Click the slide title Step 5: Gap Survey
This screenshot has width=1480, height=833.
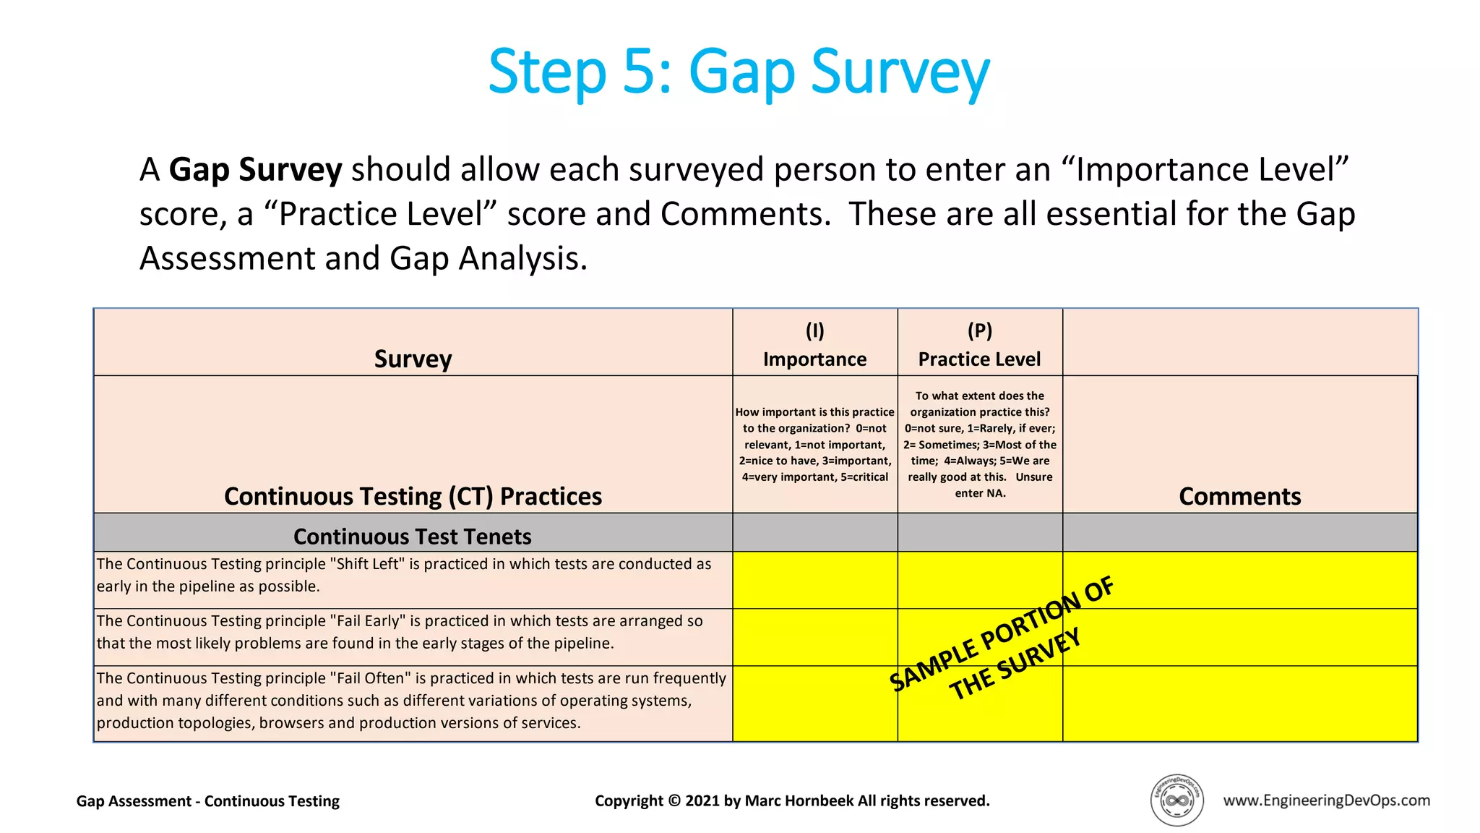(x=739, y=72)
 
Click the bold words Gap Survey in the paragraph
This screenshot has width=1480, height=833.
(x=255, y=170)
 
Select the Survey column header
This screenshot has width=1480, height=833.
(x=413, y=359)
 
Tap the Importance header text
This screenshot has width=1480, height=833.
(x=814, y=359)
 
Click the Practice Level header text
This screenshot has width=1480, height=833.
(x=979, y=359)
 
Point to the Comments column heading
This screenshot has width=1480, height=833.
(x=1239, y=496)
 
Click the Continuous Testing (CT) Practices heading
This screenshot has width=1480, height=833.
(x=413, y=496)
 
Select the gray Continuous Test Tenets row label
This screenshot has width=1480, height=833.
(x=413, y=537)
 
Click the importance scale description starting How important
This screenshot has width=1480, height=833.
(x=814, y=444)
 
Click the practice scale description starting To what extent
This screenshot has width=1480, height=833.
(x=979, y=444)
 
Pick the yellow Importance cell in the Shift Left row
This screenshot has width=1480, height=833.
(x=814, y=580)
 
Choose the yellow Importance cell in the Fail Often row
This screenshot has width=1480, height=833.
(x=814, y=703)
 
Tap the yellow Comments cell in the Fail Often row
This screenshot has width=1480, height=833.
(x=1239, y=703)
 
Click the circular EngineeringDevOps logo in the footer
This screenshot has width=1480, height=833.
(x=1176, y=800)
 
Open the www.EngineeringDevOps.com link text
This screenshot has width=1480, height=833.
(x=1326, y=800)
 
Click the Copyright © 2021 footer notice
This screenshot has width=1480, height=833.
(x=792, y=800)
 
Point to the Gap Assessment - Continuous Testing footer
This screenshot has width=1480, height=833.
(x=208, y=801)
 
